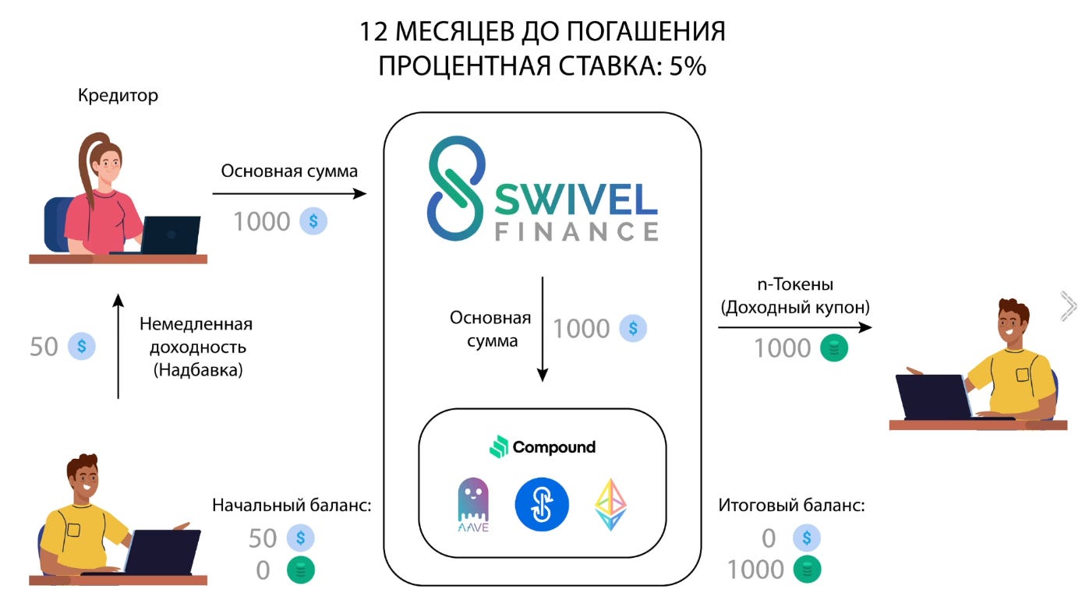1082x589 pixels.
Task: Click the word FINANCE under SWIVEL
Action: [576, 231]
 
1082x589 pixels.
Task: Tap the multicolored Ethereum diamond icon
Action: [610, 504]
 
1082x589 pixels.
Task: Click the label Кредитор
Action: [118, 96]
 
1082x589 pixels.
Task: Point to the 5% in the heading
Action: [687, 67]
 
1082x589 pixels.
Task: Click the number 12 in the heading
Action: [374, 32]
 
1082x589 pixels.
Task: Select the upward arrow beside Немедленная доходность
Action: [118, 347]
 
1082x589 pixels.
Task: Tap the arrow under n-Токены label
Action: [794, 328]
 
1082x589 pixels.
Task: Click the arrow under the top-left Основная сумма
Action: [289, 193]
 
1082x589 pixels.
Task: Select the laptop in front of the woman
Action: [169, 235]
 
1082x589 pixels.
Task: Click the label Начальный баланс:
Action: [292, 505]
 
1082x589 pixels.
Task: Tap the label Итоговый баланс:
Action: [791, 505]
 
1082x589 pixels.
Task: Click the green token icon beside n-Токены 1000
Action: [833, 348]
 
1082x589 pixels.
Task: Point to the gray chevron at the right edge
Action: [1069, 306]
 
